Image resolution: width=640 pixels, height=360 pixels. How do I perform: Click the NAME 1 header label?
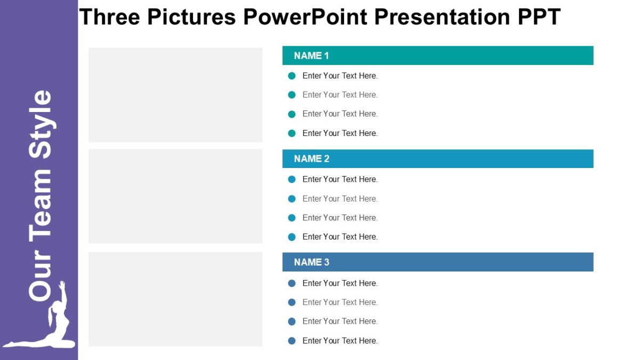(x=311, y=55)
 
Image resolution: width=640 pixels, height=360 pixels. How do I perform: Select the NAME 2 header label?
(x=311, y=159)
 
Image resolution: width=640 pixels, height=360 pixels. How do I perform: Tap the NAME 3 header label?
(x=311, y=262)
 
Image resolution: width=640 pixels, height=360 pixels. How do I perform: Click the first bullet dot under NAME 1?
(x=292, y=76)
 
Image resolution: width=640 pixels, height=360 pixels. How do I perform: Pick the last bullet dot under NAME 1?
(x=292, y=133)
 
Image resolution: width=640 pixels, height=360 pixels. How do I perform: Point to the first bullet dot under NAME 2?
(x=292, y=179)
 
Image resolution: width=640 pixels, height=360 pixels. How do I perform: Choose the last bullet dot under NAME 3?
(x=292, y=341)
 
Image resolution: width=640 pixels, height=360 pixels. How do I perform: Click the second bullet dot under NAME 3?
(x=292, y=302)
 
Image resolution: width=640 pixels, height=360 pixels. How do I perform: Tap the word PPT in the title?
(x=539, y=17)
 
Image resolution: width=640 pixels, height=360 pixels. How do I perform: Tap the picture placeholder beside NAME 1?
(x=175, y=95)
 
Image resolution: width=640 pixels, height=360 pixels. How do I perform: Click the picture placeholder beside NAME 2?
(x=175, y=196)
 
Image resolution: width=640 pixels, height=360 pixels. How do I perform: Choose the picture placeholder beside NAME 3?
(x=175, y=299)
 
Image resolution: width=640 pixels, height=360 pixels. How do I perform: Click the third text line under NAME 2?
(x=340, y=218)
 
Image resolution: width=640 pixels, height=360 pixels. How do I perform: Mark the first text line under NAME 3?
(x=340, y=283)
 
